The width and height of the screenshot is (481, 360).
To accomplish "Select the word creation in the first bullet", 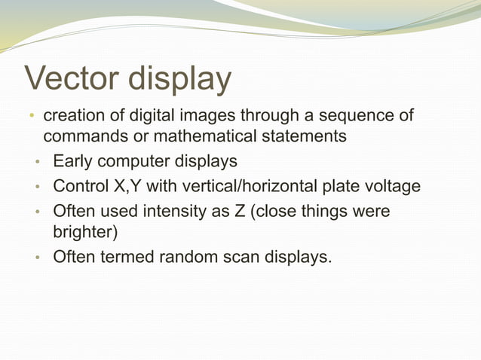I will pos(75,117).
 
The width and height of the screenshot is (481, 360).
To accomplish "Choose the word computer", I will pos(136,162).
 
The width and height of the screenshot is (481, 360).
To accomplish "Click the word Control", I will pos(81,186).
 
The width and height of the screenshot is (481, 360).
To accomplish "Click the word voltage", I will pos(392,186).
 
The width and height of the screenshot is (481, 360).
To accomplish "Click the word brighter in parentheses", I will pos(84,232).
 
